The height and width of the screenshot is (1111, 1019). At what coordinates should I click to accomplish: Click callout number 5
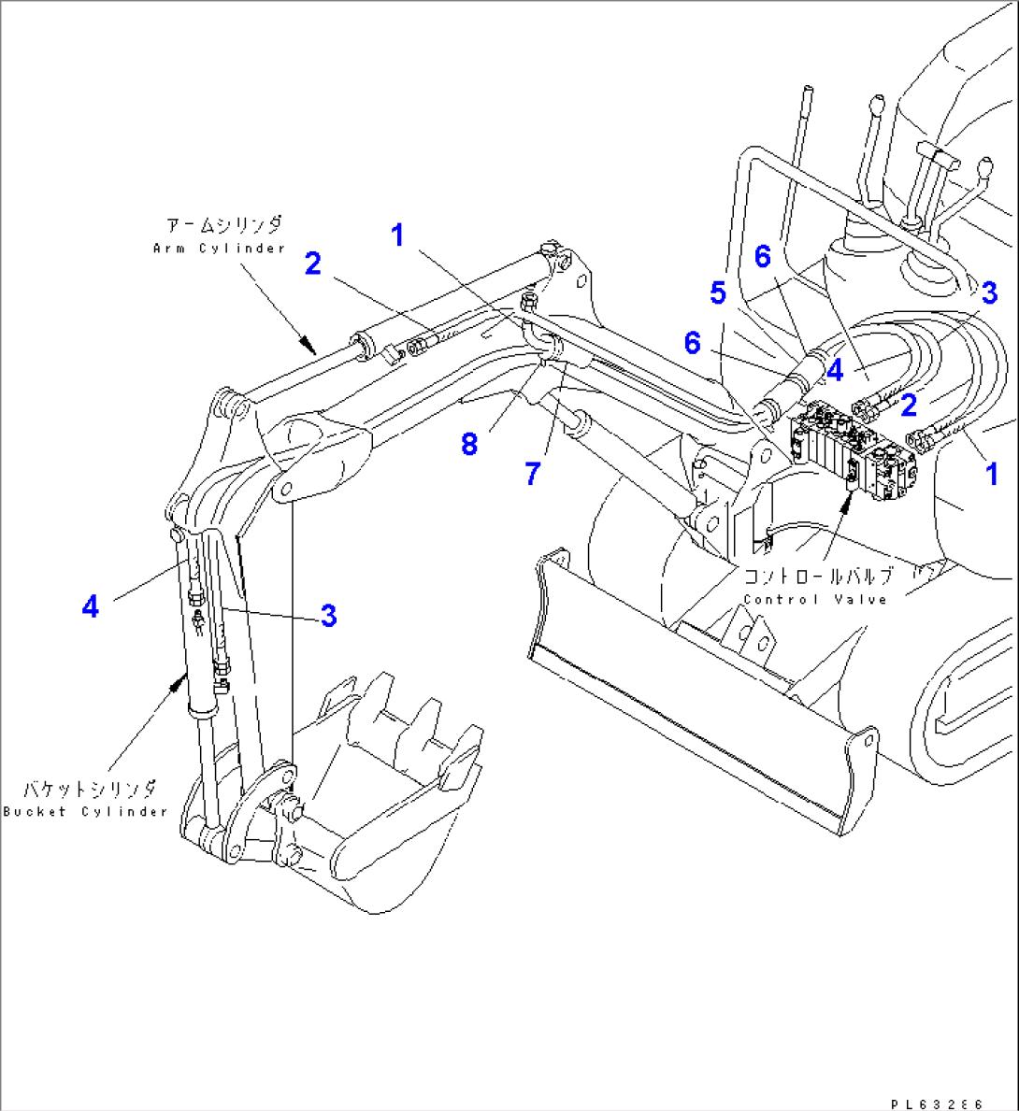(x=717, y=292)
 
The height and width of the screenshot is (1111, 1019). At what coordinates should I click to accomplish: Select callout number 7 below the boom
(x=532, y=474)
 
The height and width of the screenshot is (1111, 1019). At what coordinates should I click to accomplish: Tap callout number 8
(x=469, y=444)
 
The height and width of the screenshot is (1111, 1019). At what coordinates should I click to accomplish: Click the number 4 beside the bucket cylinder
(x=90, y=607)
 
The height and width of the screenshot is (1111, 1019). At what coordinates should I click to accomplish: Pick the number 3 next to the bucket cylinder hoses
(x=328, y=615)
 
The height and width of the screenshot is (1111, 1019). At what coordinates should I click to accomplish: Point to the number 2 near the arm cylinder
(x=312, y=264)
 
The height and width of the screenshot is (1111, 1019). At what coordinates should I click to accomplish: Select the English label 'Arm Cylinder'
(x=219, y=249)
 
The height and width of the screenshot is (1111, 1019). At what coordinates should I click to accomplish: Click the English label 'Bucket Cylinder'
(x=85, y=812)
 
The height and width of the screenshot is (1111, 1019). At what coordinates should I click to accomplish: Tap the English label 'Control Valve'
(x=815, y=600)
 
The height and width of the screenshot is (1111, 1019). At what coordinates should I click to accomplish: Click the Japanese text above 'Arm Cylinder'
(x=223, y=226)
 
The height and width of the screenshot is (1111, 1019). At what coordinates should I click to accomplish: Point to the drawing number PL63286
(x=938, y=1104)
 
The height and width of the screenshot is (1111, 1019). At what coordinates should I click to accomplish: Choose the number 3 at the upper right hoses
(x=989, y=292)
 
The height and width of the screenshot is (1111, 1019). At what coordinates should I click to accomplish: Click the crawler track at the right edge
(x=972, y=710)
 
